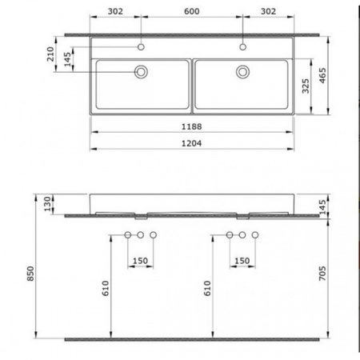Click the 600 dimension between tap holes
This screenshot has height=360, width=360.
click(x=191, y=13)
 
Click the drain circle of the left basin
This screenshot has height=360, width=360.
click(x=141, y=72)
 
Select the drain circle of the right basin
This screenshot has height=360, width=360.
click(x=242, y=72)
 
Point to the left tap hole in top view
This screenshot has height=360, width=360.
click(x=141, y=45)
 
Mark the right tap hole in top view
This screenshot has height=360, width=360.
click(x=242, y=45)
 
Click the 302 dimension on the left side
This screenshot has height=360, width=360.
click(x=115, y=13)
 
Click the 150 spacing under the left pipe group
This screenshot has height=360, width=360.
click(x=141, y=261)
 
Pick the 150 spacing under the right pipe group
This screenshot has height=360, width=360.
click(x=242, y=261)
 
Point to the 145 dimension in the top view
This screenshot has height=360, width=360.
click(x=70, y=58)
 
